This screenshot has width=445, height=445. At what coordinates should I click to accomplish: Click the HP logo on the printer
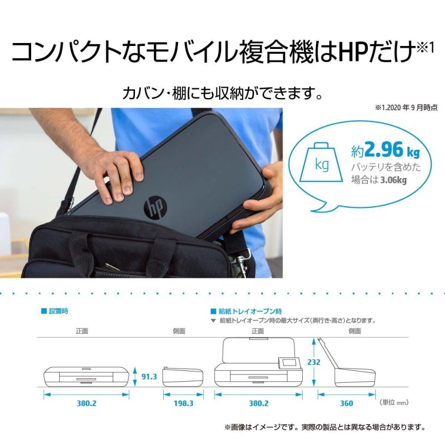coord(155,206)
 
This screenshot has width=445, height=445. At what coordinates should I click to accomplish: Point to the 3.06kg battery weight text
coord(393,180)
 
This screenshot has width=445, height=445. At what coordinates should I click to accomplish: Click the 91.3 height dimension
coord(149,377)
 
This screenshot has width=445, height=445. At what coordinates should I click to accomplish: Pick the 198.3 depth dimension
coord(182,403)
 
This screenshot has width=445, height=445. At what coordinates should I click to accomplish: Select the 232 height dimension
coord(313,362)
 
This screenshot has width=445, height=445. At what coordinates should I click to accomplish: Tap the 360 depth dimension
coord(347,403)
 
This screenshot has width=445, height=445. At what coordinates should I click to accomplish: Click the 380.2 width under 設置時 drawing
coord(87,403)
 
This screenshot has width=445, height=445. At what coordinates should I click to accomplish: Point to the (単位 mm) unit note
coord(394,402)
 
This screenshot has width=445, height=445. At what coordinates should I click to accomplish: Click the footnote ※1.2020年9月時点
coord(406,107)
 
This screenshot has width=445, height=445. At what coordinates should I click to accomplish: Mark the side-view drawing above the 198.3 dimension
coord(182,377)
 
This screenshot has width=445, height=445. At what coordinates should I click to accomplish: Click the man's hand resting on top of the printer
coord(119,173)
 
